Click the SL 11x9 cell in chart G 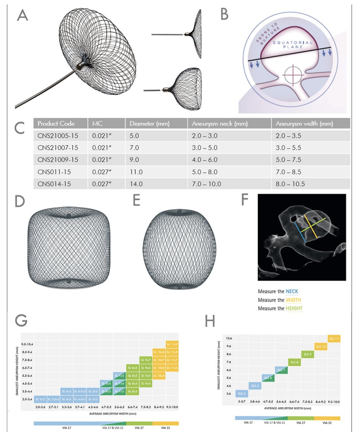pos(172,344)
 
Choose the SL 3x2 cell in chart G pos(40,399)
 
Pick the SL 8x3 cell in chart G pos(133,391)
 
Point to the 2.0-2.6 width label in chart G pos(40,407)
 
